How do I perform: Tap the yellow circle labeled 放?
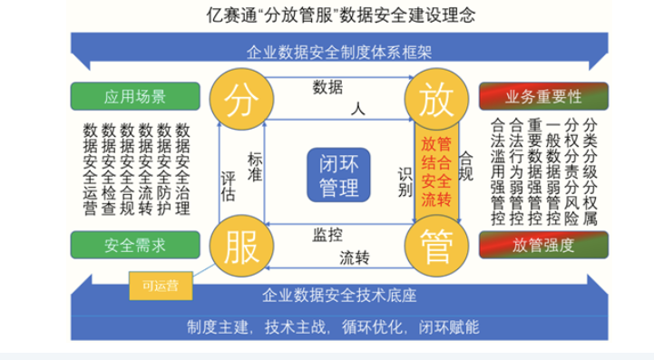pyautogui.click(x=434, y=101)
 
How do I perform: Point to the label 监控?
pyautogui.click(x=327, y=235)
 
